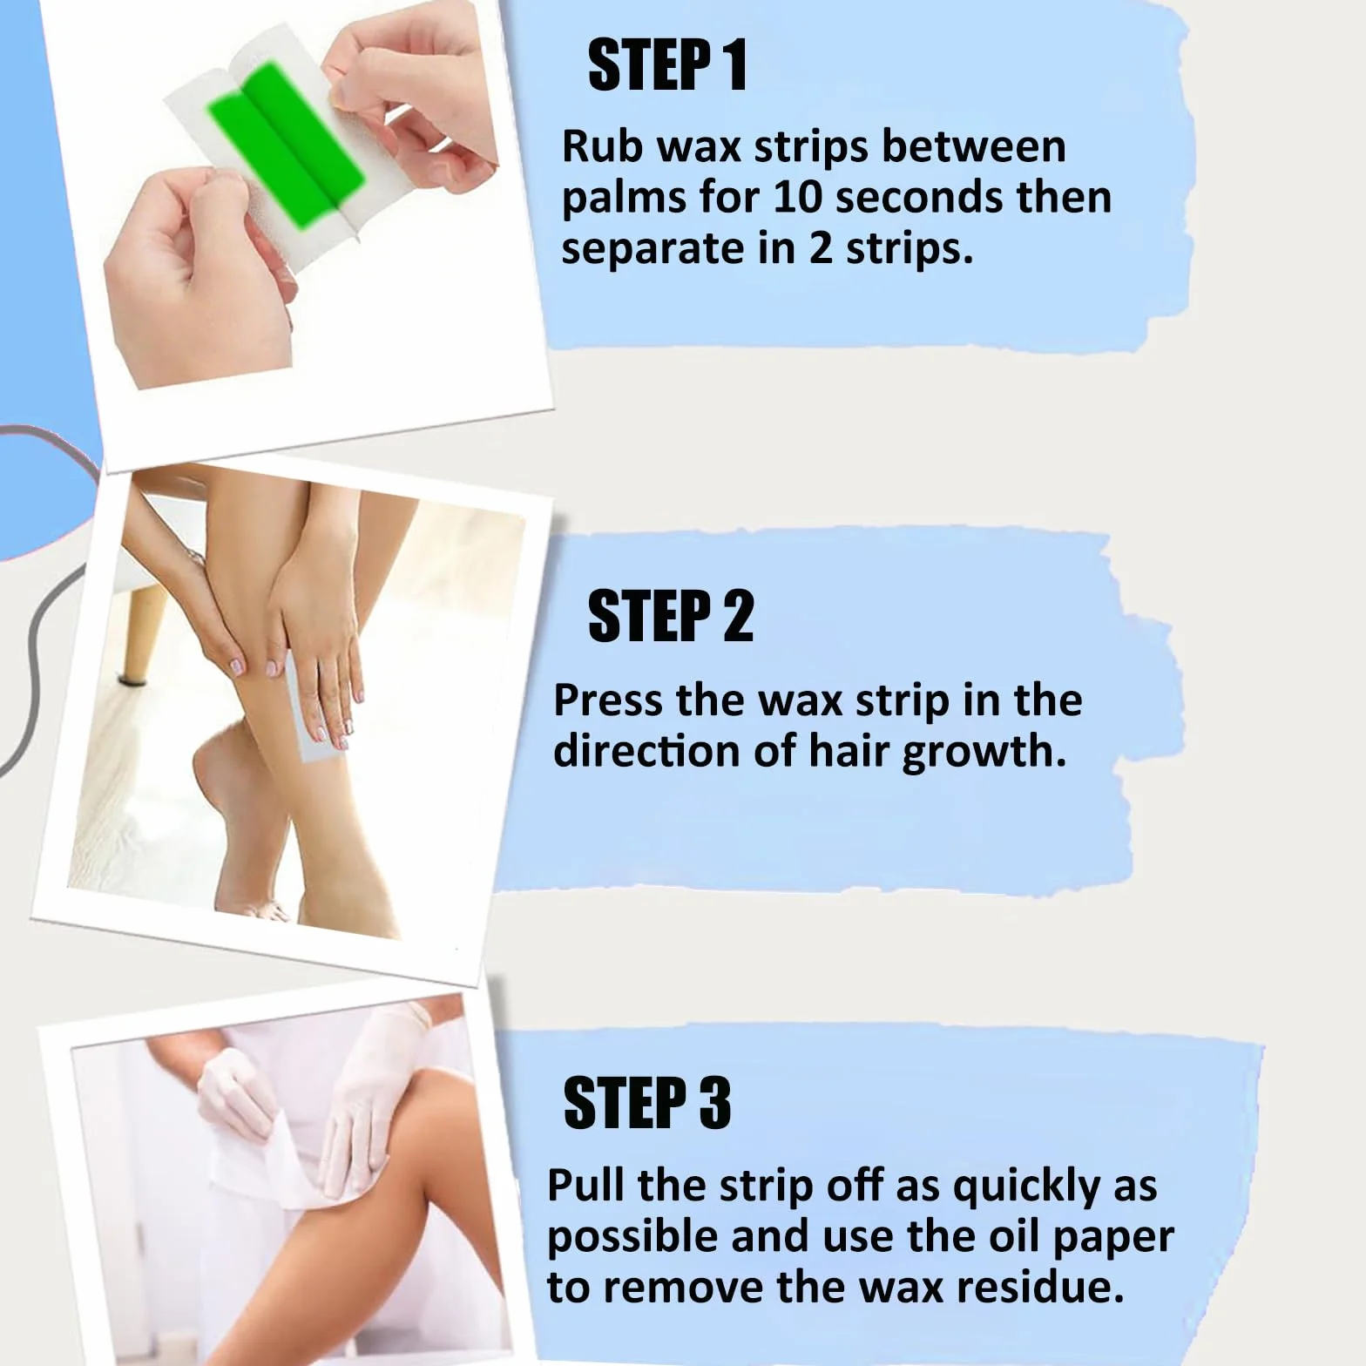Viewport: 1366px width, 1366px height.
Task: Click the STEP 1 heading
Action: pos(668,65)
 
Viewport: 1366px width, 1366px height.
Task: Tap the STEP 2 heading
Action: pos(671,616)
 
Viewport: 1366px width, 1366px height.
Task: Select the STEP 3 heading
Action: pos(647,1102)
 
